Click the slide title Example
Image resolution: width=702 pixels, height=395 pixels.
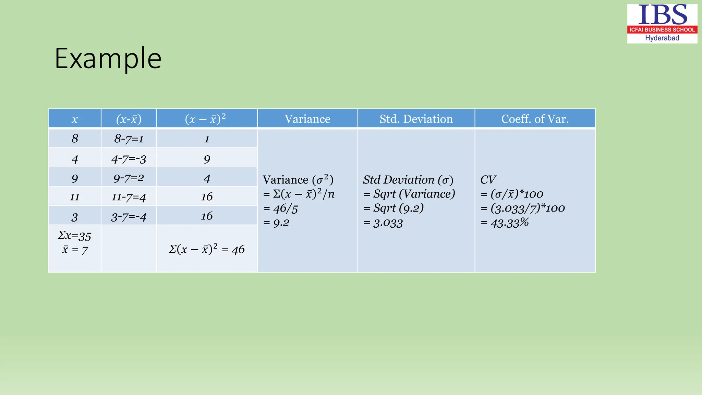(x=108, y=59)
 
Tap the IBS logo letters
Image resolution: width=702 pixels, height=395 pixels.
(x=662, y=15)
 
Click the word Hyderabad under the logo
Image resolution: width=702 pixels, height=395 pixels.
(x=662, y=38)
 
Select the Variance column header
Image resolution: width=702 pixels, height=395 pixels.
(x=307, y=119)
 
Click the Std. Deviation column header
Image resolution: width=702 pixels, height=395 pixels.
(x=416, y=119)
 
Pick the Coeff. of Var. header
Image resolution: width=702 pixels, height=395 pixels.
(x=535, y=119)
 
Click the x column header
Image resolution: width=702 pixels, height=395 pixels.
(x=74, y=119)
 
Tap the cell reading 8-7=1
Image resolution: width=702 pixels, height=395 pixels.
(x=129, y=139)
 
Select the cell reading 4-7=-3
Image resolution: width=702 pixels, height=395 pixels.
(x=129, y=159)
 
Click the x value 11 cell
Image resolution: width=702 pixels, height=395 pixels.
(x=74, y=197)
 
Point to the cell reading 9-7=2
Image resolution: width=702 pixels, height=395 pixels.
(x=129, y=178)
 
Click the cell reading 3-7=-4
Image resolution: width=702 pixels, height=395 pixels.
(x=129, y=217)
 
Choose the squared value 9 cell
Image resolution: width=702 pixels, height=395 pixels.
(x=207, y=159)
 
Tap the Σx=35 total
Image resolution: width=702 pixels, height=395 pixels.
(x=74, y=236)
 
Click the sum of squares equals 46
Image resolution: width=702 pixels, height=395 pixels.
(x=207, y=249)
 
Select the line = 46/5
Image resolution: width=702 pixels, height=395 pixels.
(x=281, y=208)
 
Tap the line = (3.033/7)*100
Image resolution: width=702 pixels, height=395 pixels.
(x=523, y=208)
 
